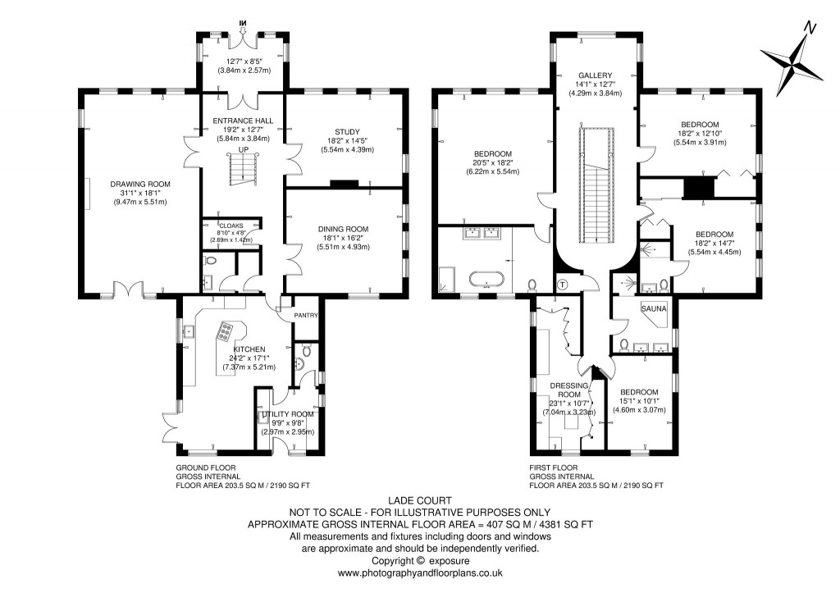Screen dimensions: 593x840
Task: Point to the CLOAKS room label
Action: pos(231,225)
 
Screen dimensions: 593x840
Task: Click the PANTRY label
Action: pos(306,314)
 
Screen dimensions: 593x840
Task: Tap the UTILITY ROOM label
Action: pos(288,413)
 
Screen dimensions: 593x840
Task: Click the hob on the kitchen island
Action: pos(225,333)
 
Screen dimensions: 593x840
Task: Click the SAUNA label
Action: pos(653,309)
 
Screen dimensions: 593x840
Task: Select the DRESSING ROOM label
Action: pos(569,388)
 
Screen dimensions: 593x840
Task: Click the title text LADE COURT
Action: pos(419,499)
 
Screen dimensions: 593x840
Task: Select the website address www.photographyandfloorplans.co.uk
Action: pos(419,573)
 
